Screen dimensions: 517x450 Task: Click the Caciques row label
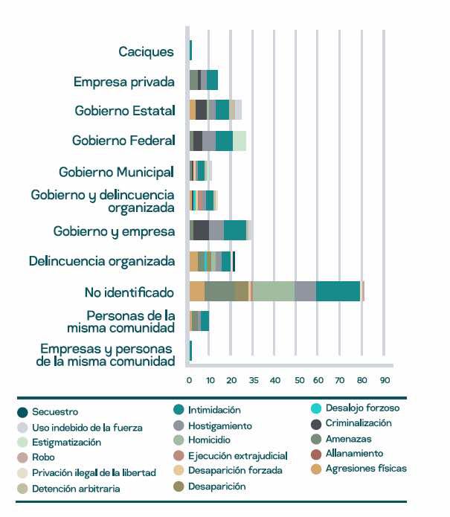pyautogui.click(x=147, y=52)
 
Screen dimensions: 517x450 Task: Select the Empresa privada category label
pyautogui.click(x=124, y=82)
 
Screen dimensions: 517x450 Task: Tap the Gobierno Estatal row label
pyautogui.click(x=125, y=111)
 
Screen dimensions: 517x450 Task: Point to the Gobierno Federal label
pyautogui.click(x=123, y=141)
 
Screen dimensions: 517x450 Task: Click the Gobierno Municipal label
pyautogui.click(x=116, y=172)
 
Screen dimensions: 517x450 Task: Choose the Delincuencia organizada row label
pyautogui.click(x=102, y=261)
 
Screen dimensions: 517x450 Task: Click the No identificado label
pyautogui.click(x=129, y=292)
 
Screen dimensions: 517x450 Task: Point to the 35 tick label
pyautogui.click(x=254, y=380)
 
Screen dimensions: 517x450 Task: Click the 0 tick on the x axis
pyautogui.click(x=189, y=380)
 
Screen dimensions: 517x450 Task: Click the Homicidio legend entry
pyautogui.click(x=209, y=440)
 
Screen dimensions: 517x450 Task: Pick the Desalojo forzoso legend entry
pyautogui.click(x=361, y=408)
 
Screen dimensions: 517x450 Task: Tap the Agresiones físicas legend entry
pyautogui.click(x=365, y=469)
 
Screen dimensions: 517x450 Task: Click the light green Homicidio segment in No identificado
pyautogui.click(x=273, y=292)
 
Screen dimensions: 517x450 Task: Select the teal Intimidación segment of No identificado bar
pyautogui.click(x=338, y=292)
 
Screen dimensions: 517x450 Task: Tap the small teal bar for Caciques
pyautogui.click(x=190, y=51)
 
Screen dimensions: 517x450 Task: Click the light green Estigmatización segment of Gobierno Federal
pyautogui.click(x=240, y=141)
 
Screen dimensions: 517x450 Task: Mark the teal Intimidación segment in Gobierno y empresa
pyautogui.click(x=235, y=231)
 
